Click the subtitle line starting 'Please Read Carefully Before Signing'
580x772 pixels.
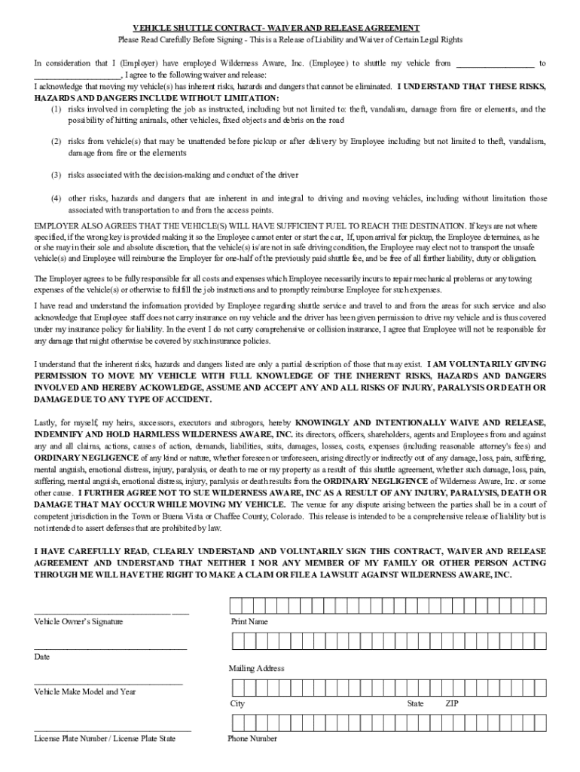coord(290,39)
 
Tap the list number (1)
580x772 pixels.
coord(56,109)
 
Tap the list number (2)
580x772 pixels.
coord(56,142)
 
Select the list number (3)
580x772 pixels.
coord(56,175)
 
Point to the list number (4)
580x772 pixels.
coord(56,199)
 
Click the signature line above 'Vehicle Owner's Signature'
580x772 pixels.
coord(111,613)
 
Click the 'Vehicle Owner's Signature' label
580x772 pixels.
coord(78,622)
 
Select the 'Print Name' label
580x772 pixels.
coord(249,622)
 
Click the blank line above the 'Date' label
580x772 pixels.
coord(110,648)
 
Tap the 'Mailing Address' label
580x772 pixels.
coord(256,669)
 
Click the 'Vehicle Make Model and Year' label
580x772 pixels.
coord(85,691)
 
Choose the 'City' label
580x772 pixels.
coord(237,703)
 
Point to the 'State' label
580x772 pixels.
coord(415,703)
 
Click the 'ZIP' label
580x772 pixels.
coord(452,703)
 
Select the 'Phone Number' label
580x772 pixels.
coord(252,739)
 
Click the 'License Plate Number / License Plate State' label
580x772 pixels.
coord(105,739)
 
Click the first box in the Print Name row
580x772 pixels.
coord(236,606)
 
